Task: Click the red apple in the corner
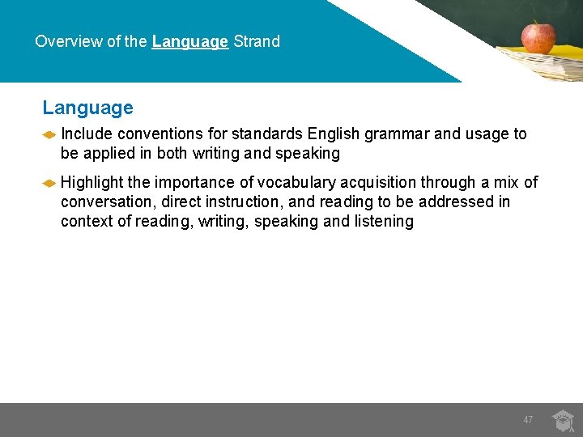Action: [x=538, y=36]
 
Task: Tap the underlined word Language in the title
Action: [x=189, y=41]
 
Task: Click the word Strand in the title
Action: [x=257, y=41]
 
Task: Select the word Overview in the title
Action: [x=69, y=41]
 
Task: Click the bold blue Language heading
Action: [x=87, y=108]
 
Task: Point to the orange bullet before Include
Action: [x=49, y=135]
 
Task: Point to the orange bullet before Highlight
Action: [x=49, y=184]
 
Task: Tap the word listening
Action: [x=384, y=222]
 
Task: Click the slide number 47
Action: [x=528, y=420]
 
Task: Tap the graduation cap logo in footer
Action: [x=563, y=421]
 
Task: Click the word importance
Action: [x=197, y=183]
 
